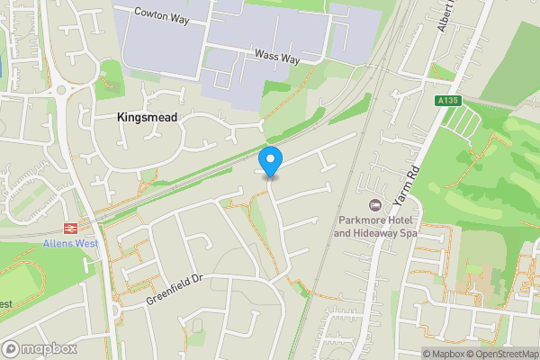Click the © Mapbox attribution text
(x=443, y=354)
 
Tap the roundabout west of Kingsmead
(x=60, y=89)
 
